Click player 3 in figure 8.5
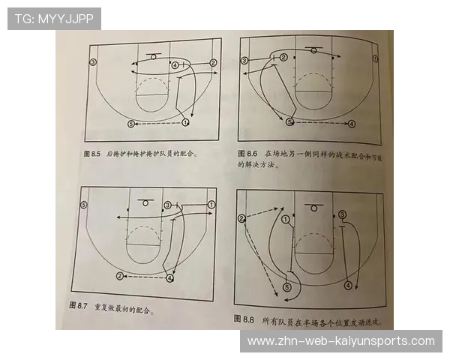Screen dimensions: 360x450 pos(93,61)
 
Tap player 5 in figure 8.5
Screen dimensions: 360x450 pos(131,123)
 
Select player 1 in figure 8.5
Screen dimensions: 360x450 pos(185,122)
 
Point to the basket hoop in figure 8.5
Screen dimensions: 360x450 pos(154,57)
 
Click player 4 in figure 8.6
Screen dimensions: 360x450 pos(352,122)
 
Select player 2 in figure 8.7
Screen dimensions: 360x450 pos(119,276)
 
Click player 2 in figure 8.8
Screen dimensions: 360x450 pos(241,218)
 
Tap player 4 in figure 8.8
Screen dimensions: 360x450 pos(347,286)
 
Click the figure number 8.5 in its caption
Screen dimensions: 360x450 pos(94,153)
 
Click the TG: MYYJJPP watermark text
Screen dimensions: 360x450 pos(54,19)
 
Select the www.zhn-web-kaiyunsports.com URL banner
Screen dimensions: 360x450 pos(341,341)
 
